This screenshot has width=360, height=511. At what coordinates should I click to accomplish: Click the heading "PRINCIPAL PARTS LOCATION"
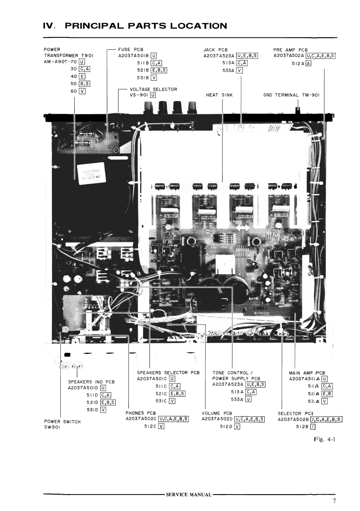pyautogui.click(x=146, y=26)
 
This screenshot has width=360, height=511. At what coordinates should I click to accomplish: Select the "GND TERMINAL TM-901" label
pyautogui.click(x=291, y=95)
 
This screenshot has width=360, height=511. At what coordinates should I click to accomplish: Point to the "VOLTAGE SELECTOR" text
pyautogui.click(x=154, y=89)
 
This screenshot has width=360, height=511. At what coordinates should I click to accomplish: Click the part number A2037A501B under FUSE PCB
pyautogui.click(x=134, y=56)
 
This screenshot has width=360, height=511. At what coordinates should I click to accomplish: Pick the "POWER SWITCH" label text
pyautogui.click(x=62, y=421)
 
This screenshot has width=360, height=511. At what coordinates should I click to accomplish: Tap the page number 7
pyautogui.click(x=334, y=501)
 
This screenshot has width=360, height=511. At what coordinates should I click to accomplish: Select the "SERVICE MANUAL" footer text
pyautogui.click(x=188, y=494)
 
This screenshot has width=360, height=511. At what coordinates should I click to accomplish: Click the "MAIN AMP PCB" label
pyautogui.click(x=306, y=372)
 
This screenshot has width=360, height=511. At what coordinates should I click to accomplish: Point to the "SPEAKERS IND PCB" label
pyautogui.click(x=91, y=381)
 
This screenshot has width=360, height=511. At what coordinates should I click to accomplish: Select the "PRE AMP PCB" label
pyautogui.click(x=290, y=49)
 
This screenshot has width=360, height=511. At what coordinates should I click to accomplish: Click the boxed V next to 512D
pyautogui.click(x=237, y=426)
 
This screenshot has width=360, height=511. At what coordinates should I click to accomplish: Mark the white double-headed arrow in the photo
pyautogui.click(x=242, y=227)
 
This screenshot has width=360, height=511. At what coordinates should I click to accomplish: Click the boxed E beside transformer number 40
pyautogui.click(x=82, y=77)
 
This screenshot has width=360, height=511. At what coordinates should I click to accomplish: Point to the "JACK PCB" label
pyautogui.click(x=216, y=49)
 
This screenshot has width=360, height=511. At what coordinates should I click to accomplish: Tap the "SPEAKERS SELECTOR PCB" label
pyautogui.click(x=168, y=372)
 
